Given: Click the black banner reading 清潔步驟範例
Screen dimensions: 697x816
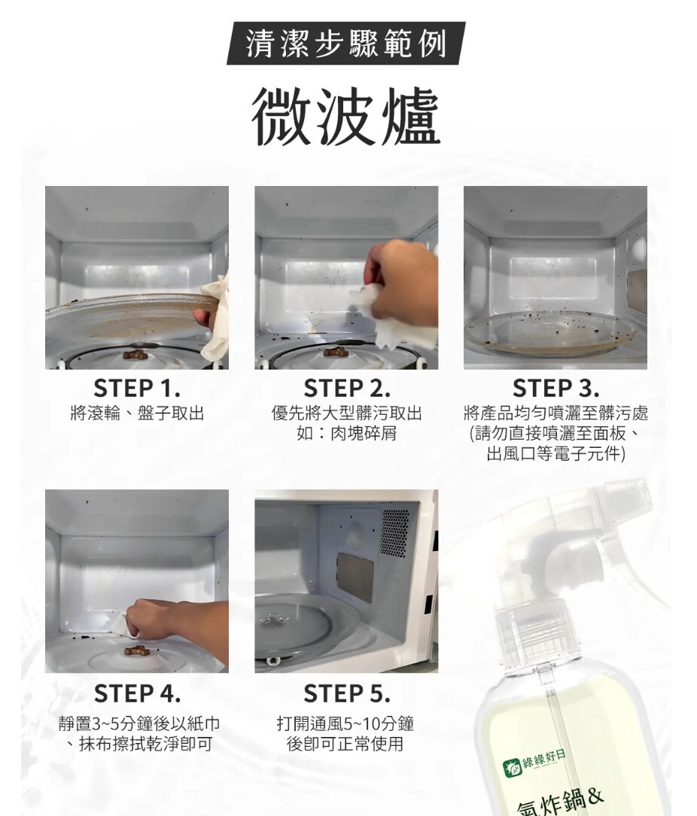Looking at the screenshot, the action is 345,43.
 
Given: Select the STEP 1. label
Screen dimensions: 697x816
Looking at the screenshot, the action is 137,388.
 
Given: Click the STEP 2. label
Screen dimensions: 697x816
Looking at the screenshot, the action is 347,388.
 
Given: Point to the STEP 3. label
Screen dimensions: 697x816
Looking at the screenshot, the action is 556,388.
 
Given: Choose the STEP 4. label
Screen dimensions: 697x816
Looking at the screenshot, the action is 138,693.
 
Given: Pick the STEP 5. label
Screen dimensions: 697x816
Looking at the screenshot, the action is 347,693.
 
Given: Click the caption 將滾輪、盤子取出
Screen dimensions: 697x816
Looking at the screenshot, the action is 137,414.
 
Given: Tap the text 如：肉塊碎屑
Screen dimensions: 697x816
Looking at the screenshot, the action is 347,433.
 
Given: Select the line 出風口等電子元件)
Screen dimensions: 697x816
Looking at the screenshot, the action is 556,453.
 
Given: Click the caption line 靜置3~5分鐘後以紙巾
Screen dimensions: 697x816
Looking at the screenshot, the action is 139,723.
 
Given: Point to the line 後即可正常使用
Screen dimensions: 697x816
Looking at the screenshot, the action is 345,744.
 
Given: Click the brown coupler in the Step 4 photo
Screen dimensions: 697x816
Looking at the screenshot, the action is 137,650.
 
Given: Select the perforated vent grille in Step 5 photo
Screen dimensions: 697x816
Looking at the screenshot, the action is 395,532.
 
